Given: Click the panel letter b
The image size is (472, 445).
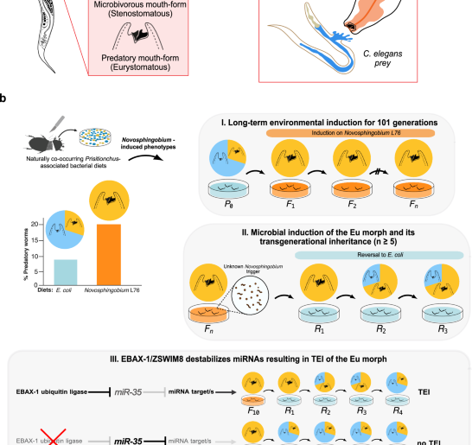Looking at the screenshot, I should click(6, 99).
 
